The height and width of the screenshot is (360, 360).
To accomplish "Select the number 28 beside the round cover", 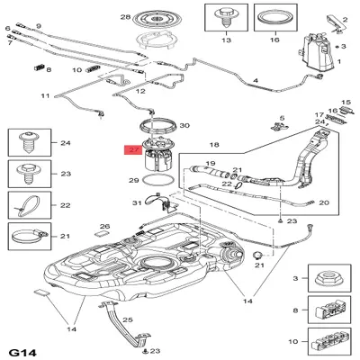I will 125,17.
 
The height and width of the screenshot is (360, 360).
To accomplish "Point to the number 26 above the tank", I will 104,227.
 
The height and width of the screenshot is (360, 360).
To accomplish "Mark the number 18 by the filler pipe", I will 213,144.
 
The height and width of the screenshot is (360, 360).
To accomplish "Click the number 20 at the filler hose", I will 324,202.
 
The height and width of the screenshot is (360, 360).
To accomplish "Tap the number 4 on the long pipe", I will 256,81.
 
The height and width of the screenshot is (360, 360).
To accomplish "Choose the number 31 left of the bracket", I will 138,202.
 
